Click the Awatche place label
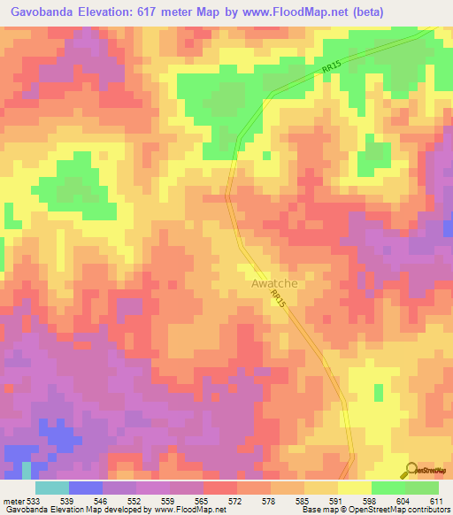[x=273, y=283]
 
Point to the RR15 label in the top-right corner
[x=331, y=65]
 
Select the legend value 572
[x=236, y=501]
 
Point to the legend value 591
[x=337, y=501]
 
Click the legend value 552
[x=135, y=501]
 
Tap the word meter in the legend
[x=12, y=501]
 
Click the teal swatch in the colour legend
[x=51, y=488]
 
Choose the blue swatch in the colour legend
[x=85, y=488]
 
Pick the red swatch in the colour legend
[x=219, y=488]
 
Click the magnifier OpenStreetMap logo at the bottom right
[x=411, y=470]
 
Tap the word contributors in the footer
[x=428, y=510]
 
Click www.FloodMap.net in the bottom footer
[x=180, y=510]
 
